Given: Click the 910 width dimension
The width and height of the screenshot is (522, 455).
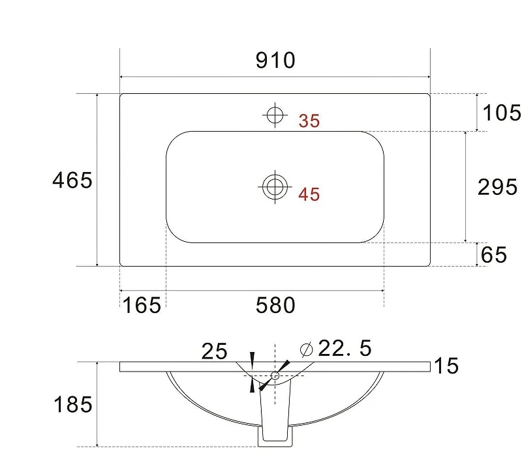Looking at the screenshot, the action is pyautogui.click(x=275, y=60).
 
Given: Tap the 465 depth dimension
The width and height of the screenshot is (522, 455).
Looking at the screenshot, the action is pyautogui.click(x=72, y=181).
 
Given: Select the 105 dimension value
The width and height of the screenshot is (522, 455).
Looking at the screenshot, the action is pyautogui.click(x=502, y=112).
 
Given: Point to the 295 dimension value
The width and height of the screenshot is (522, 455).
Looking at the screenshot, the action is pyautogui.click(x=497, y=186).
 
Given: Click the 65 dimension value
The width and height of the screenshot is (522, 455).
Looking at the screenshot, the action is pyautogui.click(x=494, y=255).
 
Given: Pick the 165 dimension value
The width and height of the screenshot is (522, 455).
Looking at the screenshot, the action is pyautogui.click(x=142, y=305).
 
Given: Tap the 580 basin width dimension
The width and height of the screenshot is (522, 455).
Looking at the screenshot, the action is pyautogui.click(x=275, y=305).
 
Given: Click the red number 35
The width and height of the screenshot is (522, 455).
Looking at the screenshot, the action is pyautogui.click(x=309, y=121).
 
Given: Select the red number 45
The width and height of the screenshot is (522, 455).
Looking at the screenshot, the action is pyautogui.click(x=309, y=194).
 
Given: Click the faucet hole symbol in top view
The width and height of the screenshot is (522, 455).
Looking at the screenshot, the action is pyautogui.click(x=275, y=115).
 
